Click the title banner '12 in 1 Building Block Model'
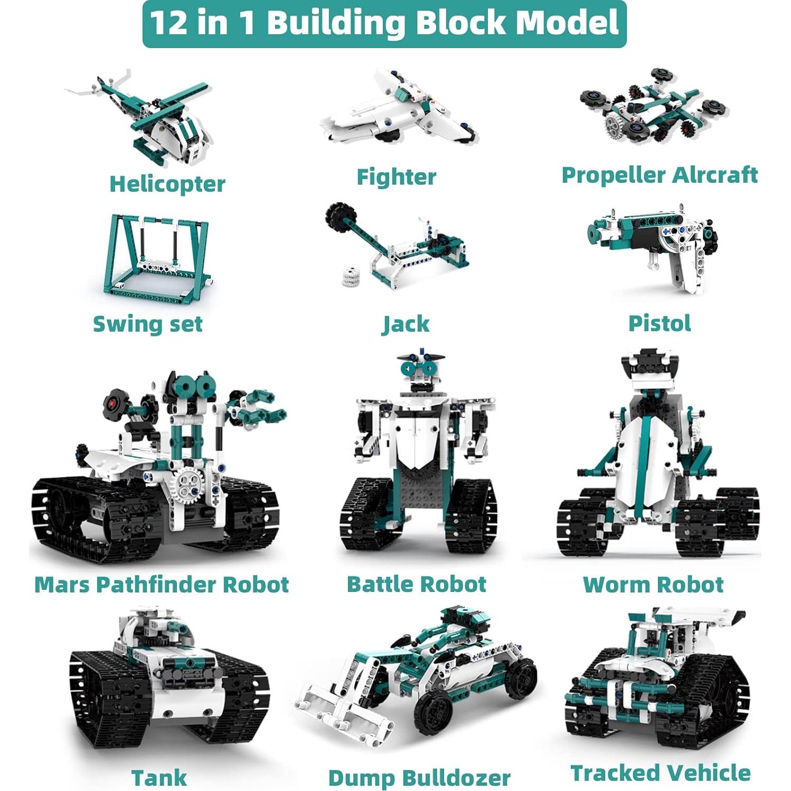tap(384, 24)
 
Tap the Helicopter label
tap(167, 184)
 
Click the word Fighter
tap(396, 177)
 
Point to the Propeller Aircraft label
tap(660, 175)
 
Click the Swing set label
tap(148, 324)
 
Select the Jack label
tap(406, 324)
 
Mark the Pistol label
tap(660, 323)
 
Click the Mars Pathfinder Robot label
tap(162, 585)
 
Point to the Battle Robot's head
tap(420, 370)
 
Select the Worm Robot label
tap(653, 585)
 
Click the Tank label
tap(159, 778)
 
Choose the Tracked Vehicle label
tap(661, 773)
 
